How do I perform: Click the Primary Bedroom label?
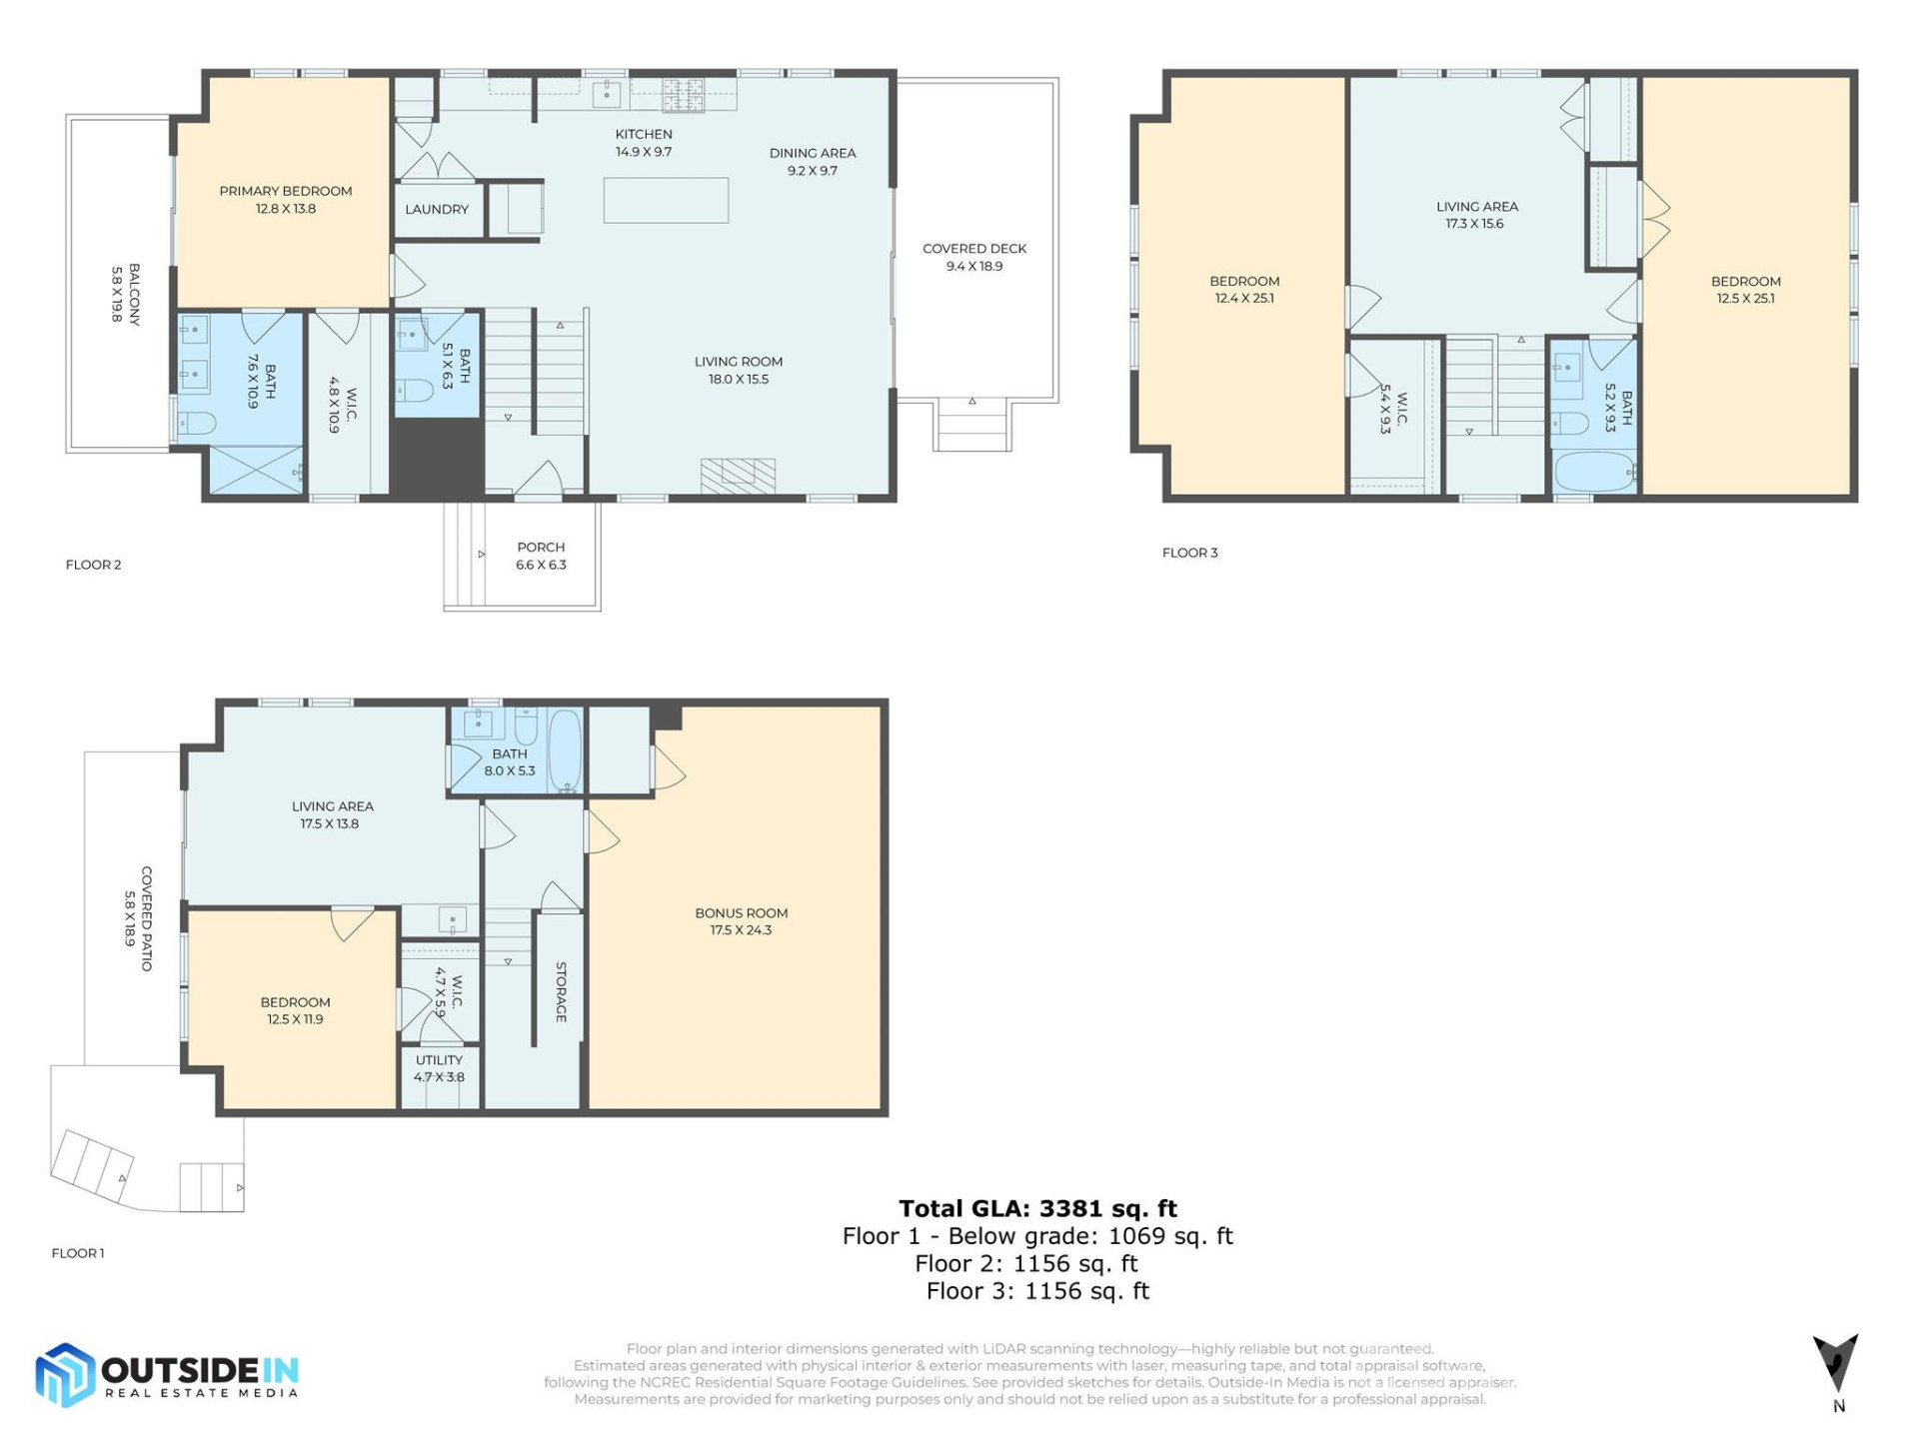point(285,200)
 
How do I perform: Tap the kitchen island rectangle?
point(666,200)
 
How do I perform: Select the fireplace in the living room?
point(738,476)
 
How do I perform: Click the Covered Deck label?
point(974,257)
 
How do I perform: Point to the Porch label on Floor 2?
point(541,556)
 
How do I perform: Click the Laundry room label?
point(437,210)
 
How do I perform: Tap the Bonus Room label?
point(741,921)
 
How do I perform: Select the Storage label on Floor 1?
point(561,991)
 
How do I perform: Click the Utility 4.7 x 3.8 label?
point(439,1068)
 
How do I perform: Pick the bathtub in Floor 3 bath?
point(1594,471)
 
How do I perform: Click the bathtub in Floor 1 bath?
point(565,751)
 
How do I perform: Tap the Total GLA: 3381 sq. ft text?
point(1037,1208)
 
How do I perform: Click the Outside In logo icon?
point(65,1376)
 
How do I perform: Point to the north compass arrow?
point(1836,1363)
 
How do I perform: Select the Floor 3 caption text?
point(1189,553)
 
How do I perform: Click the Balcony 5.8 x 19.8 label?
point(125,294)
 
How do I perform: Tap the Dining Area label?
point(812,162)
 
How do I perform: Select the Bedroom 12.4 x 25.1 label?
point(1244,290)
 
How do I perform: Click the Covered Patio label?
point(138,918)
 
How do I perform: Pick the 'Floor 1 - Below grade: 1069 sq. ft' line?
point(1037,1236)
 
